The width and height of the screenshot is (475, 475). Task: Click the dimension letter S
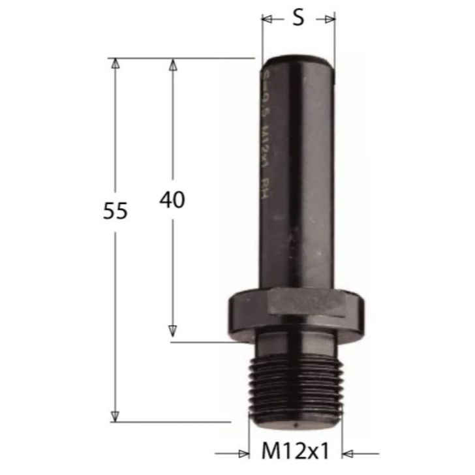298,18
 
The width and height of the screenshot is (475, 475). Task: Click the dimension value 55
115,211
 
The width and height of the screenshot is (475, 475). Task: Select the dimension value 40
172,200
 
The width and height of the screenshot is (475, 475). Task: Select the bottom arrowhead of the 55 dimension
115,416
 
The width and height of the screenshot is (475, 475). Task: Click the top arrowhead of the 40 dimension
173,64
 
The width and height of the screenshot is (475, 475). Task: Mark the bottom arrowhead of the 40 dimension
173,333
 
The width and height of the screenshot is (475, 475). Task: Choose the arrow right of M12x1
350,452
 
